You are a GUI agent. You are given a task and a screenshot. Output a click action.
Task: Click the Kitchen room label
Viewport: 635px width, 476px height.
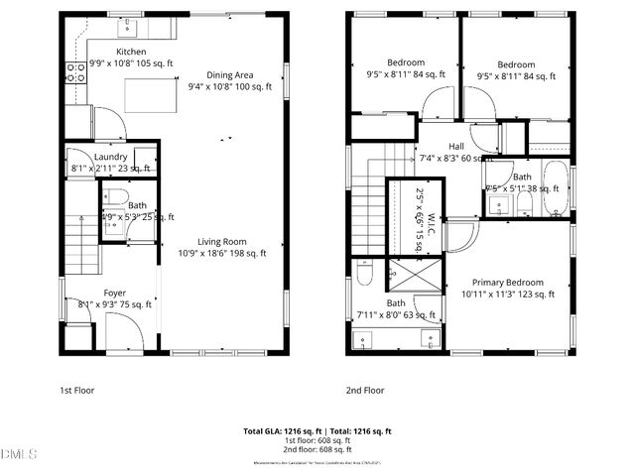131,51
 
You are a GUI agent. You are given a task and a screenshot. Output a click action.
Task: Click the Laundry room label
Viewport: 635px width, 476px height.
110,157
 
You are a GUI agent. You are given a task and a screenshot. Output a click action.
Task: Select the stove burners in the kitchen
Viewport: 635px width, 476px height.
74,71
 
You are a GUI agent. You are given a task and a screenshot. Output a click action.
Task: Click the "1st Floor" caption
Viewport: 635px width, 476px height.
76,391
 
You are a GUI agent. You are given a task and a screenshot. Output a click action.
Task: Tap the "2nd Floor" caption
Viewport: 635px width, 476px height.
364,391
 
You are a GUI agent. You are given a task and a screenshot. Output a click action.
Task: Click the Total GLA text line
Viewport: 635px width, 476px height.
317,431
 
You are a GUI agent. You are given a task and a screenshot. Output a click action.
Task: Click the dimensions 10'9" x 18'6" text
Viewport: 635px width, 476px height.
221,254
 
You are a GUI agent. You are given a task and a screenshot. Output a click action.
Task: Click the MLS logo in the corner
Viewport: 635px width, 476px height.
18,455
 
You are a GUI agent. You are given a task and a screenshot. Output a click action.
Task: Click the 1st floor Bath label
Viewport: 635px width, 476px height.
137,205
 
